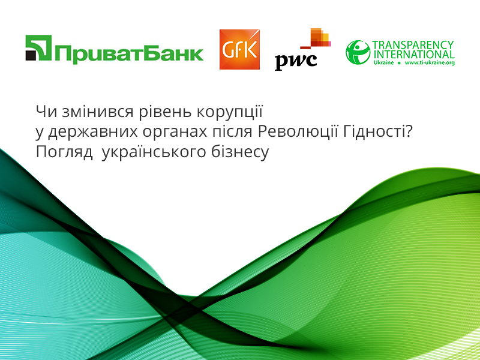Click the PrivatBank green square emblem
point(38,48)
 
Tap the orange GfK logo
point(239,49)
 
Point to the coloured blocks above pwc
point(316,38)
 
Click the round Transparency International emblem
point(358,52)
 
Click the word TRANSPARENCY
point(413,44)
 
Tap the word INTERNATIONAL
point(414,55)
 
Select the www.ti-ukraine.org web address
point(430,63)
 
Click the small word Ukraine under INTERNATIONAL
point(383,63)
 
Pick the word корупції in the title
point(230,112)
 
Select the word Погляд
point(64,152)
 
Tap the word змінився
point(98,112)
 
